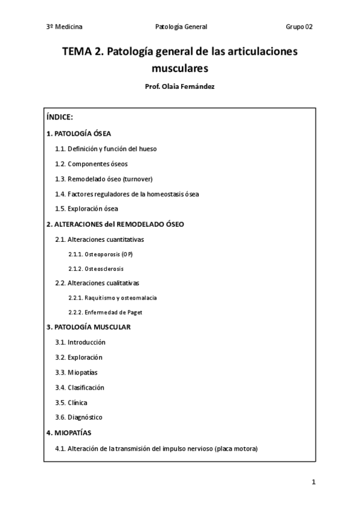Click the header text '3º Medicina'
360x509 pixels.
[x=64, y=27]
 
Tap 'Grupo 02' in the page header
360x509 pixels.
[x=299, y=27]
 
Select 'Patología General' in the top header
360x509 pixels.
[x=181, y=27]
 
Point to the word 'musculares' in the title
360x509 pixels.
[x=180, y=68]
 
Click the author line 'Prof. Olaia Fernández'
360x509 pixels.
[x=180, y=87]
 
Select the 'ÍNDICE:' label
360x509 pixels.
[x=59, y=118]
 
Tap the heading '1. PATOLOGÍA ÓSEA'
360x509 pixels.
[x=79, y=133]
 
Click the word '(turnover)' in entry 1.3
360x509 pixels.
[x=136, y=179]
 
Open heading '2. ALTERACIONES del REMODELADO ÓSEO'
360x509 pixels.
[x=115, y=224]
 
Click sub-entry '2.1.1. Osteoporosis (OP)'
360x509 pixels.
[x=101, y=254]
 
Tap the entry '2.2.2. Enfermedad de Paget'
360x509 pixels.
[x=105, y=312]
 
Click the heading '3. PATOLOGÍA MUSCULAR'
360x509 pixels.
[x=88, y=327]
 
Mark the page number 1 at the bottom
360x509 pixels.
[x=313, y=482]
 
